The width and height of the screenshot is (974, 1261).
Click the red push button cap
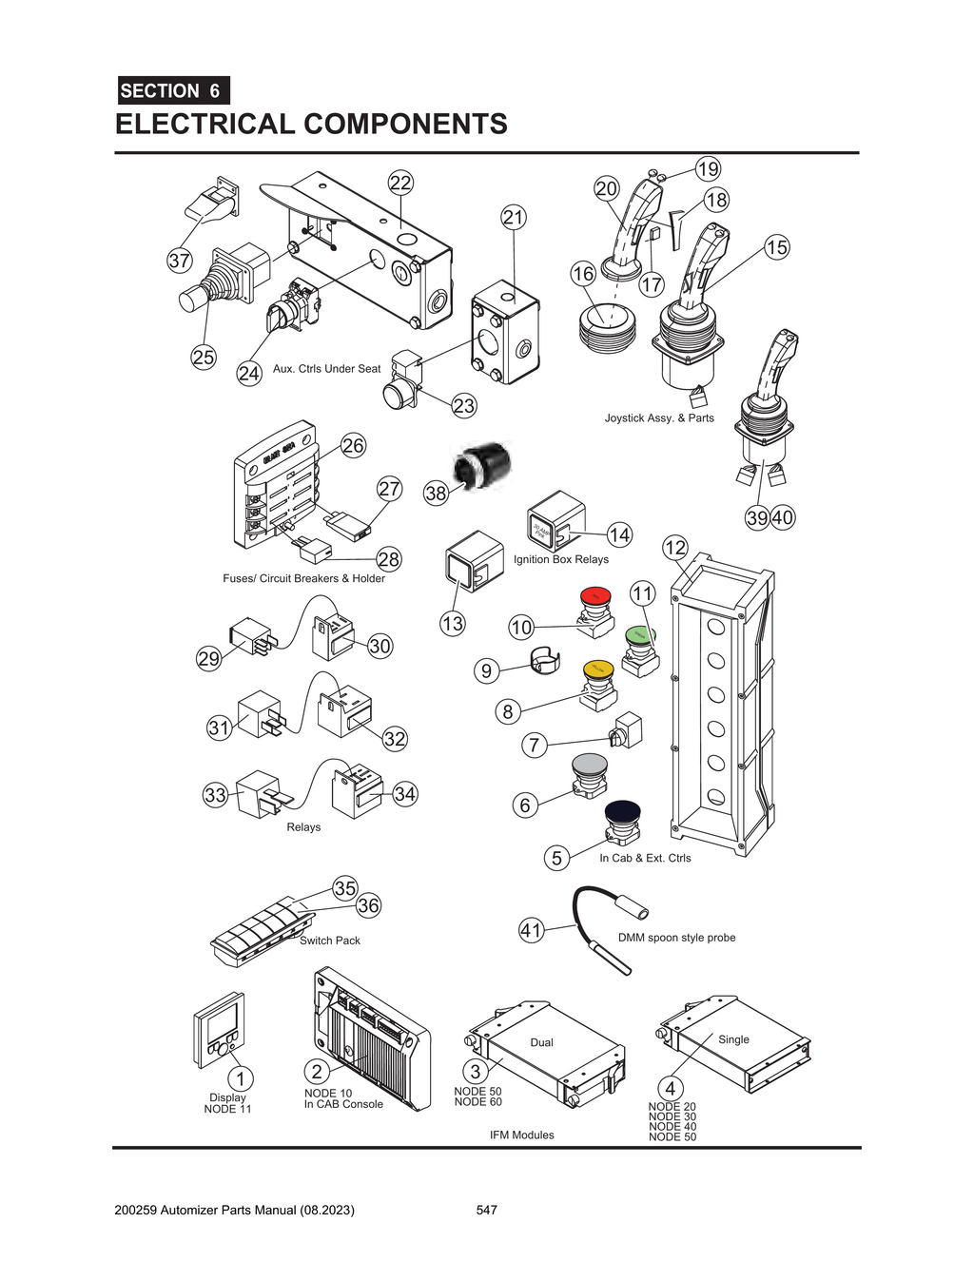pos(595,595)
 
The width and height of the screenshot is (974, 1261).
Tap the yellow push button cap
pos(598,669)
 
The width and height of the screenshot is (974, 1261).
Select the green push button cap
pos(640,634)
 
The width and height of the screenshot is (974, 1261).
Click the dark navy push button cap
pos(622,810)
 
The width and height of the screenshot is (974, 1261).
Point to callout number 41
pos(531,930)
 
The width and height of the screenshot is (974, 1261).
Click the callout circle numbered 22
pos(400,184)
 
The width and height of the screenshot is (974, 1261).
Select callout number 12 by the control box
pos(674,548)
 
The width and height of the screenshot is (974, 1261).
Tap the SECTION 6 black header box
pos(173,91)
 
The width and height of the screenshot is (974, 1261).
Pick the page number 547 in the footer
pos(486,1210)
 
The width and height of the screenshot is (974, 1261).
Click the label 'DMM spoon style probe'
pos(676,938)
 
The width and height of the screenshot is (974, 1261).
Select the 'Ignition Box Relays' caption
pos(560,559)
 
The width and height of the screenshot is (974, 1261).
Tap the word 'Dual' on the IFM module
pos(541,1042)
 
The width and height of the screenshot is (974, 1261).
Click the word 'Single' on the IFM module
pos(733,1039)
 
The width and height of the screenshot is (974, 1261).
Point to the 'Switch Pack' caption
pos(330,941)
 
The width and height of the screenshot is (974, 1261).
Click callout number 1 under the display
pos(241,1078)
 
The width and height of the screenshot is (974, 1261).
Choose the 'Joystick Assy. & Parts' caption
pos(658,418)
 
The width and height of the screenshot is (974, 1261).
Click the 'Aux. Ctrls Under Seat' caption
pos(326,369)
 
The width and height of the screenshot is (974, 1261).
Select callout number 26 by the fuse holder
pos(353,445)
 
